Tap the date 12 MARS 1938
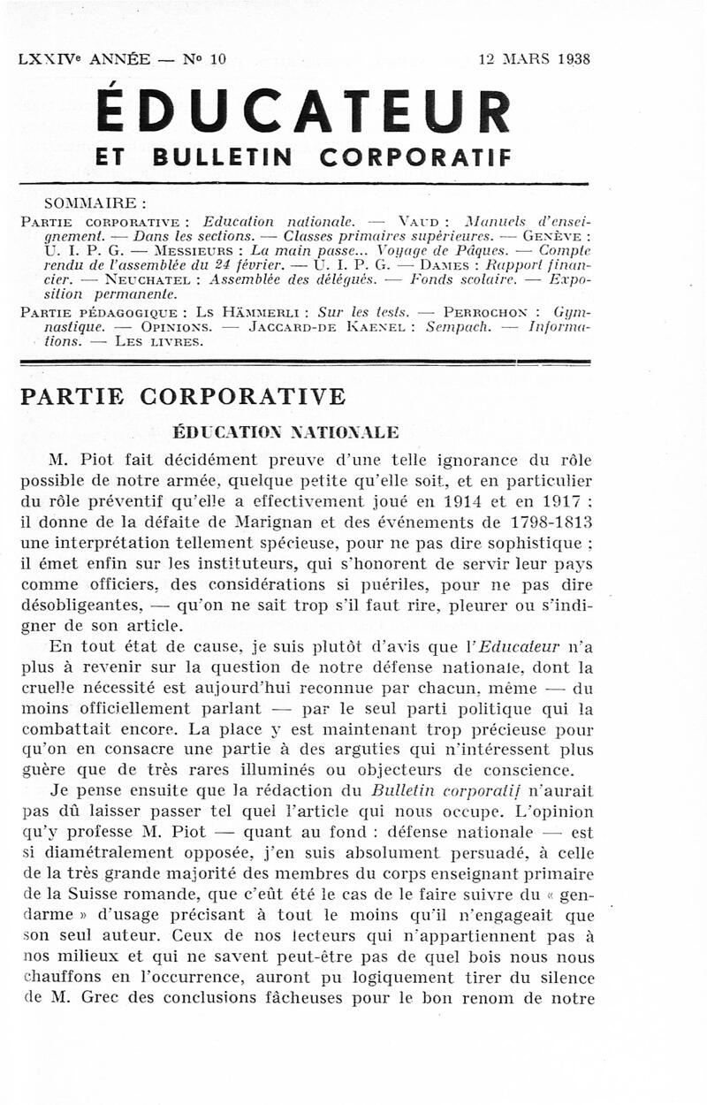click(535, 60)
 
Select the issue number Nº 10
click(204, 60)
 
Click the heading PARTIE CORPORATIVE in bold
click(182, 396)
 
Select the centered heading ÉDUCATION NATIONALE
click(285, 432)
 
